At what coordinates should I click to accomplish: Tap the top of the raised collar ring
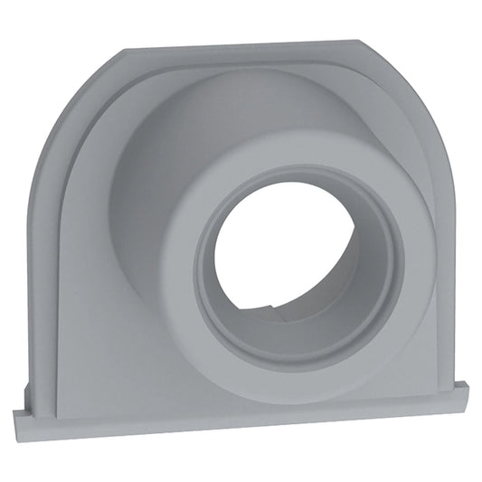(298, 167)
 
